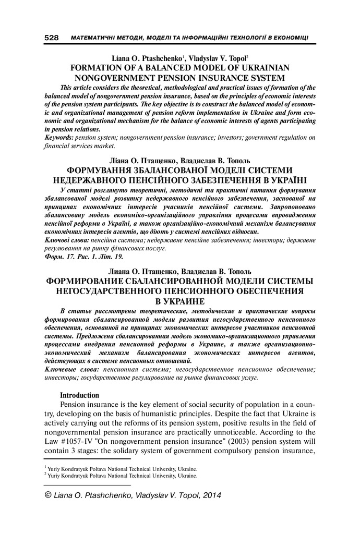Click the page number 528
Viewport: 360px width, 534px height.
[51, 39]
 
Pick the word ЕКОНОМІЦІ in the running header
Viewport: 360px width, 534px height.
[289, 39]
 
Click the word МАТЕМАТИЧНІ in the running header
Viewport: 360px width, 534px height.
[92, 39]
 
